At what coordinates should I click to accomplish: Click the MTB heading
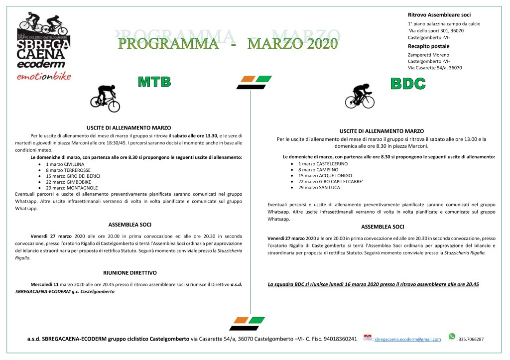(x=154, y=82)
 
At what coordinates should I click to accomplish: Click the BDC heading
(x=408, y=84)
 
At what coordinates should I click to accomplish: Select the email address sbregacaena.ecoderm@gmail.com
(x=407, y=339)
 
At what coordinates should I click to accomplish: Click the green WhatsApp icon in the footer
(x=452, y=337)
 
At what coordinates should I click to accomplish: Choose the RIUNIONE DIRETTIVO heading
(x=129, y=273)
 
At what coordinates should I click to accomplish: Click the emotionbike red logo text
(x=43, y=76)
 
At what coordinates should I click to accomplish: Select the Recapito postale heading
(x=428, y=46)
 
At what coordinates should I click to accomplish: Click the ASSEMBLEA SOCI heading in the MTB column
(x=129, y=225)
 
